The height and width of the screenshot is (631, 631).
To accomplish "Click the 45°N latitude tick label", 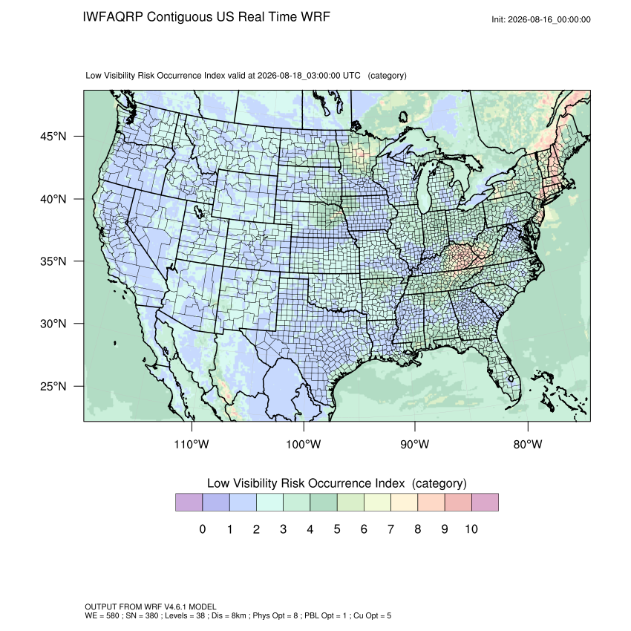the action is click(53, 137).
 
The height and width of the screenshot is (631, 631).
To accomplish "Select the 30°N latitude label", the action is click(53, 324).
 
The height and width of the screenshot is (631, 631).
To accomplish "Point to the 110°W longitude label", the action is click(192, 444).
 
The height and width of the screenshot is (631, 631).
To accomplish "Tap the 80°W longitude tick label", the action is click(528, 444).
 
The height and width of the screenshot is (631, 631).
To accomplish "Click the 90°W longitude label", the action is click(414, 444).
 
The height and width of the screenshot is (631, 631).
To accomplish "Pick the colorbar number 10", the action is click(471, 529).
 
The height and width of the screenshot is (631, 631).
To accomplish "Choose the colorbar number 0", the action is click(203, 529).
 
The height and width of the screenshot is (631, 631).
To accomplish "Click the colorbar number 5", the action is click(337, 529).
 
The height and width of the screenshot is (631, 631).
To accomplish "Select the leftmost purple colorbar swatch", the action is click(189, 503).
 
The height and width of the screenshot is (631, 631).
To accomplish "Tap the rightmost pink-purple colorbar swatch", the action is click(485, 503).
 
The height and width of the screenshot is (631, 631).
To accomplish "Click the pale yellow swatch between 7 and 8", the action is click(404, 503).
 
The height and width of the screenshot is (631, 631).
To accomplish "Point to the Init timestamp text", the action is click(541, 20).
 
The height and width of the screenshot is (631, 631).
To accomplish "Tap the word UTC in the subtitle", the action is click(351, 76).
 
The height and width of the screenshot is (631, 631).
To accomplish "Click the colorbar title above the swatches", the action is click(337, 483).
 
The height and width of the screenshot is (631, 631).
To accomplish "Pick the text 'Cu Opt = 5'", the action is click(372, 615).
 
